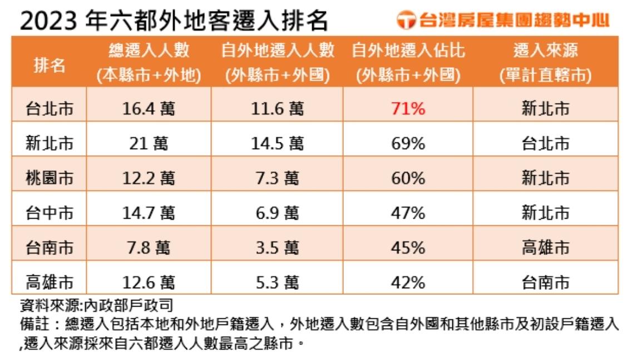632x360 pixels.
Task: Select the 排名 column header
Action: click(x=50, y=65)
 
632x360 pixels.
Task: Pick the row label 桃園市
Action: click(x=50, y=178)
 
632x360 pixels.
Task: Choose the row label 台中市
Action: click(x=50, y=213)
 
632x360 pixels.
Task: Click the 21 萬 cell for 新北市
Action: click(x=149, y=144)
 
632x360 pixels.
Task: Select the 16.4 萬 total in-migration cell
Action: click(x=149, y=109)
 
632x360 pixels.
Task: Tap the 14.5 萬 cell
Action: click(x=278, y=144)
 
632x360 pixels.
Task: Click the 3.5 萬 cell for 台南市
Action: click(x=278, y=247)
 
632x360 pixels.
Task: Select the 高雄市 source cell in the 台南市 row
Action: click(x=545, y=247)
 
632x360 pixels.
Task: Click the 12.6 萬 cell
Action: click(x=149, y=282)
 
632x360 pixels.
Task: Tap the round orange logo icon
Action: click(x=406, y=21)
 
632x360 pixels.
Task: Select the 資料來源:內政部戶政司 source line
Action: click(x=96, y=305)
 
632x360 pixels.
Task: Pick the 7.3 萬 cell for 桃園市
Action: click(x=278, y=178)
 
